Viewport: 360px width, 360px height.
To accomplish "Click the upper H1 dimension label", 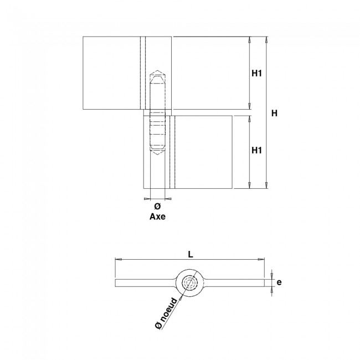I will point(256,73).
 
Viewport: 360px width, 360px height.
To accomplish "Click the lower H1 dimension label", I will point(256,150).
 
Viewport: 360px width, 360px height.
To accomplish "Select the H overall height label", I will point(274,113).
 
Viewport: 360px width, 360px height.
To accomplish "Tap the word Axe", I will point(157,217).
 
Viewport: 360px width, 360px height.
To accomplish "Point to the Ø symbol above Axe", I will point(157,207).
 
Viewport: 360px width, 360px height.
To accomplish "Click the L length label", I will point(190,254).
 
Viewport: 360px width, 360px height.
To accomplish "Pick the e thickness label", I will point(279,282).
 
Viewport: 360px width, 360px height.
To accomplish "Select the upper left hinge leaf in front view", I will point(110,73).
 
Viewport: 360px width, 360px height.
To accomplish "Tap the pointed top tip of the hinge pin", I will point(157,71).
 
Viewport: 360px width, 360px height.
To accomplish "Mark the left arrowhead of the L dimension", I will point(116,259).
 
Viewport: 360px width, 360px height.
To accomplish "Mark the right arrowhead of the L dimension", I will point(263,259).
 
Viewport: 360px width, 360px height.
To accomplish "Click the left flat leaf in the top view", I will point(144,283).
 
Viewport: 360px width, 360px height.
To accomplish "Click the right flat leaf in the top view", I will point(235,283).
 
